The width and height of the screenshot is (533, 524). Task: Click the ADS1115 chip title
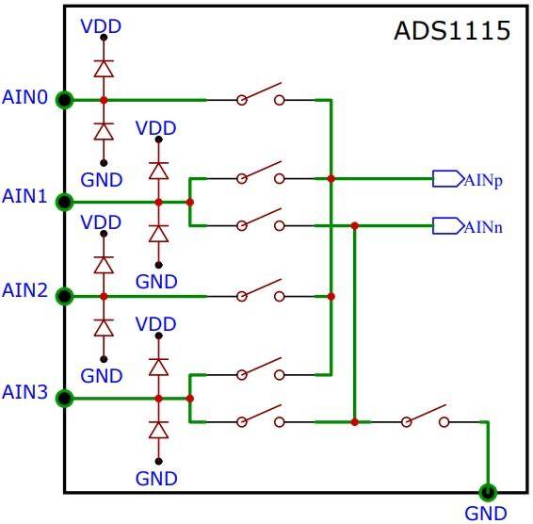[x=452, y=30]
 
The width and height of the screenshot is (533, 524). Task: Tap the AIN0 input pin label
[x=24, y=97]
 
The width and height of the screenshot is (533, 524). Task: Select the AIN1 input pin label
[x=24, y=196]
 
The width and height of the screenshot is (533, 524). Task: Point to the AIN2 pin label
[x=24, y=290]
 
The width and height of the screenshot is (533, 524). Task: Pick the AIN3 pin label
[x=24, y=392]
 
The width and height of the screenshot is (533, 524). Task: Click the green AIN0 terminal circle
[x=64, y=101]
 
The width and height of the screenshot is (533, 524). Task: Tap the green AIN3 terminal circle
[x=64, y=399]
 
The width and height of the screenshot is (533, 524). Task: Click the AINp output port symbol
[x=448, y=179]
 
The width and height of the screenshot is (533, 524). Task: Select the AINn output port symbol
[x=448, y=225]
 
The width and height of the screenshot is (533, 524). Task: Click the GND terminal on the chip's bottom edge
[x=488, y=492]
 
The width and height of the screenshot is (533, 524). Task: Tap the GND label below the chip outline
[x=486, y=514]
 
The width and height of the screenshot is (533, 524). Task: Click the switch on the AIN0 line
[x=261, y=94]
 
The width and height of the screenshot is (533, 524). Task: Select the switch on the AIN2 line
[x=261, y=290]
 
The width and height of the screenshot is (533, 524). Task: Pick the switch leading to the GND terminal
[x=425, y=416]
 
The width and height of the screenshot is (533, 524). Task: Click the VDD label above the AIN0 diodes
[x=101, y=26]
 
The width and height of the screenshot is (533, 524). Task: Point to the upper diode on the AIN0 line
[x=104, y=69]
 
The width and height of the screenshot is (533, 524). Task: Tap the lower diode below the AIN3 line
[x=158, y=430]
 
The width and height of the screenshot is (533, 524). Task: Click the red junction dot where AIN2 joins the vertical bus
[x=331, y=296]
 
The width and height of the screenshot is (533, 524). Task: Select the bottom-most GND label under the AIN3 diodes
[x=156, y=479]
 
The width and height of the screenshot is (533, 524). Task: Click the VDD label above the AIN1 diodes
[x=155, y=128]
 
